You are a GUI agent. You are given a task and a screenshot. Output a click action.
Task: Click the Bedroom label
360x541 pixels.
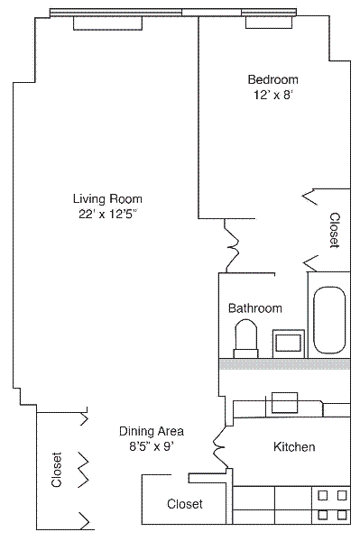click(x=273, y=79)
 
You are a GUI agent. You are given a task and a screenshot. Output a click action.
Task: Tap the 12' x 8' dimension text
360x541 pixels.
click(x=273, y=95)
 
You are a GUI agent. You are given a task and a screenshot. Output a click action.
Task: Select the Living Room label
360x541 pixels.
click(x=107, y=199)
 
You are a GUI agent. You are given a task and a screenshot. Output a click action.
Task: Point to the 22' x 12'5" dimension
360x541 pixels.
click(x=108, y=215)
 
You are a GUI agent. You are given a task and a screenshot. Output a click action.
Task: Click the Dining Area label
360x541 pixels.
click(x=152, y=431)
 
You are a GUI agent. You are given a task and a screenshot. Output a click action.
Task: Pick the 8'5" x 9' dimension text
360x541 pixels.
click(x=151, y=447)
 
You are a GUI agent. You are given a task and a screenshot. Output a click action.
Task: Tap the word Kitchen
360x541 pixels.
click(x=294, y=447)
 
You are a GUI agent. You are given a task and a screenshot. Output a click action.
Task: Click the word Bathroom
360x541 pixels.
click(x=255, y=307)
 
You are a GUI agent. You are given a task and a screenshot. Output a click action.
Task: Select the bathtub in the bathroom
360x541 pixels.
click(x=329, y=320)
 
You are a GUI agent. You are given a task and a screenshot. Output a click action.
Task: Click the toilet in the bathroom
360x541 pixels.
click(x=245, y=339)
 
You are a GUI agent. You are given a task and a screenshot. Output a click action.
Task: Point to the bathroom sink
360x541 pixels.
click(x=289, y=344)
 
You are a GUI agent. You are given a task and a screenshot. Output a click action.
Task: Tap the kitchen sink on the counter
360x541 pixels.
click(x=284, y=403)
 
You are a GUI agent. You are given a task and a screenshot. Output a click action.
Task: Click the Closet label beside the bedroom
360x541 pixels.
click(x=335, y=230)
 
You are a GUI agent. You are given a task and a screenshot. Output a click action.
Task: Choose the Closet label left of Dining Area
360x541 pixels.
click(x=57, y=470)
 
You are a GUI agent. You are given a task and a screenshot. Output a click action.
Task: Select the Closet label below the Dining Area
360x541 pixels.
click(x=185, y=504)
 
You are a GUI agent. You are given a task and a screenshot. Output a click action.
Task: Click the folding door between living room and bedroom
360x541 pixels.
click(x=232, y=245)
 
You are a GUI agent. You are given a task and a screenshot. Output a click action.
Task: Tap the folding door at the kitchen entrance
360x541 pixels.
click(x=219, y=447)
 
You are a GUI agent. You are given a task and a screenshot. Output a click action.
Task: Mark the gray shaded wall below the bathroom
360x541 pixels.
click(x=285, y=364)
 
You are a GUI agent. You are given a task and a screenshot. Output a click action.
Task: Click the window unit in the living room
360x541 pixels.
click(x=107, y=23)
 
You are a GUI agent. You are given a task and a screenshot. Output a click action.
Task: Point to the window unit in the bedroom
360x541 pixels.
click(x=269, y=23)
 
